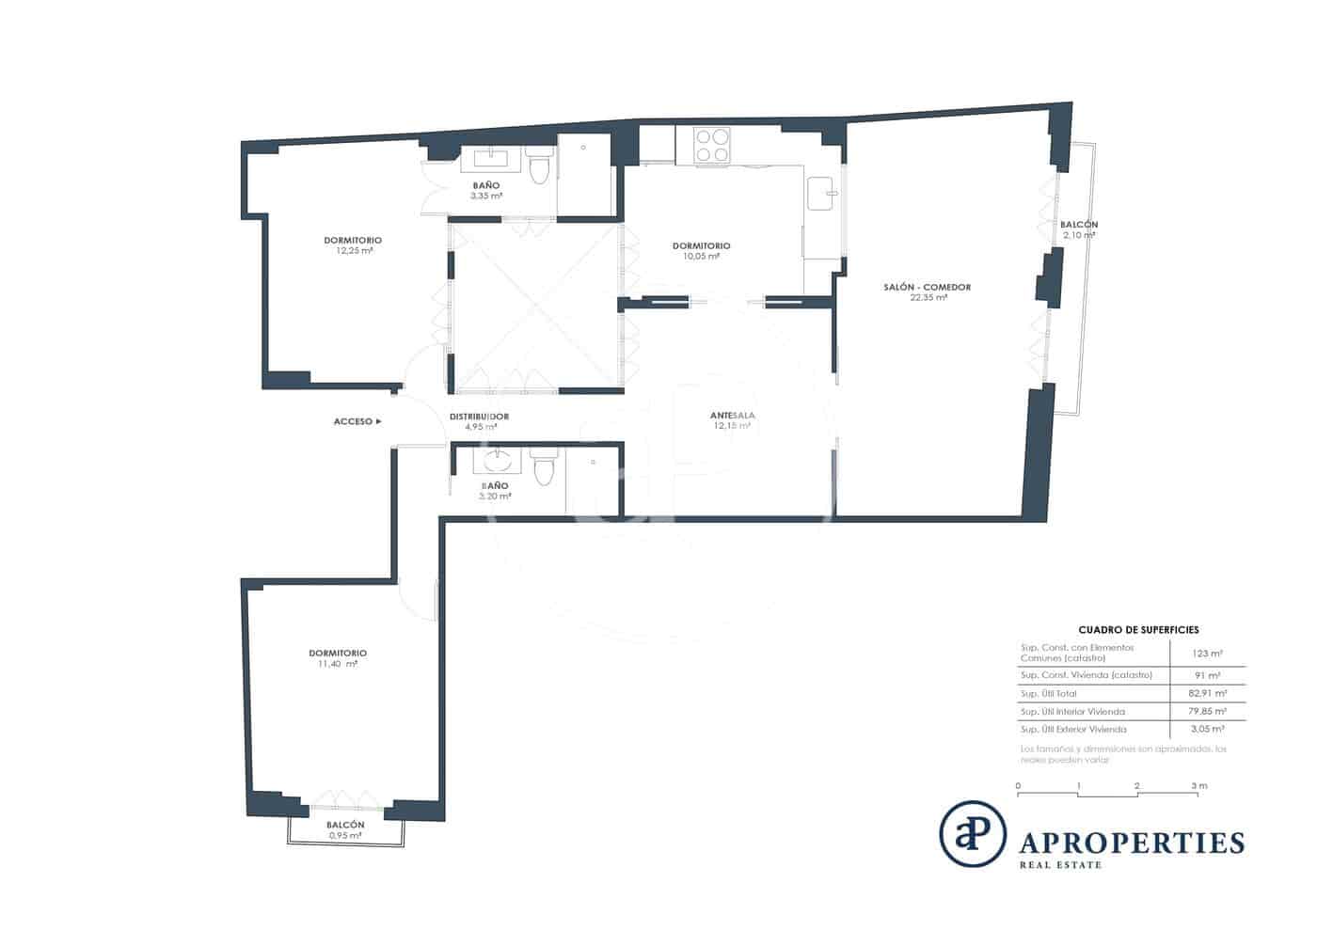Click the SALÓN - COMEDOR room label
click(x=927, y=287)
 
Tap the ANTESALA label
click(x=732, y=415)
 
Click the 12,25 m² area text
click(x=354, y=251)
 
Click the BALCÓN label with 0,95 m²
click(x=345, y=825)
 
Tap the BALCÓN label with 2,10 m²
click(x=1078, y=225)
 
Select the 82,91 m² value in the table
click(x=1207, y=693)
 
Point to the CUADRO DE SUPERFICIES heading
click(x=1137, y=630)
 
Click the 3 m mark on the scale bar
click(x=1198, y=786)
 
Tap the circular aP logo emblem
click(x=972, y=832)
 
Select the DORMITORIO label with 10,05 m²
click(x=701, y=245)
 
